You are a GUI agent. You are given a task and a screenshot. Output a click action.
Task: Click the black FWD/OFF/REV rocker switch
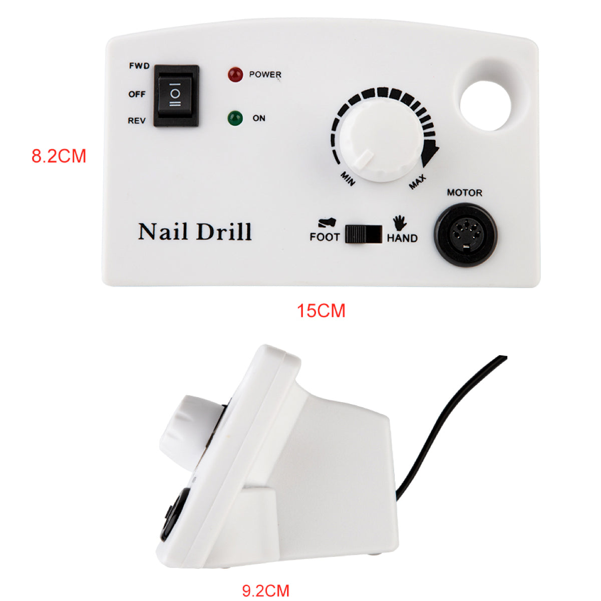[176, 95]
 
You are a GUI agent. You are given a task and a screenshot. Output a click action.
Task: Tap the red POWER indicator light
[235, 75]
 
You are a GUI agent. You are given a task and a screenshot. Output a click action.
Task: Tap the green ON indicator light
[235, 119]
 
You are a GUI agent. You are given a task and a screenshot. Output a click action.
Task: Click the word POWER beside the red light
[265, 75]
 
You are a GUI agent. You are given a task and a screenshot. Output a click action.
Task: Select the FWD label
[139, 66]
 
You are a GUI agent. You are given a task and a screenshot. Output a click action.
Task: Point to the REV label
[137, 121]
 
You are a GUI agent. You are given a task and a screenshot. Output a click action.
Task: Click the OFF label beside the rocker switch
[137, 94]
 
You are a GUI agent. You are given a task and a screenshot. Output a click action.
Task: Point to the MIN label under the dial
[348, 178]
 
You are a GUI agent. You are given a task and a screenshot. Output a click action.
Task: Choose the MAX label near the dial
[417, 182]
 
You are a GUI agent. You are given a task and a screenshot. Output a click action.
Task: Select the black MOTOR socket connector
[465, 233]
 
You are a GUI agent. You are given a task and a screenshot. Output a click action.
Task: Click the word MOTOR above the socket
[464, 193]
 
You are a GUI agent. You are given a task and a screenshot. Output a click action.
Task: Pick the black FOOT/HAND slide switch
[364, 234]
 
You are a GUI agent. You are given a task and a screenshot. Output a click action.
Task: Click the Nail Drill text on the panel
[195, 232]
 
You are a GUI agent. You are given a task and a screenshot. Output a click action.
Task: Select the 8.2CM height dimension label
[59, 156]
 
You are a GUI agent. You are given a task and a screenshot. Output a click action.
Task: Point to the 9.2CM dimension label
[265, 590]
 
